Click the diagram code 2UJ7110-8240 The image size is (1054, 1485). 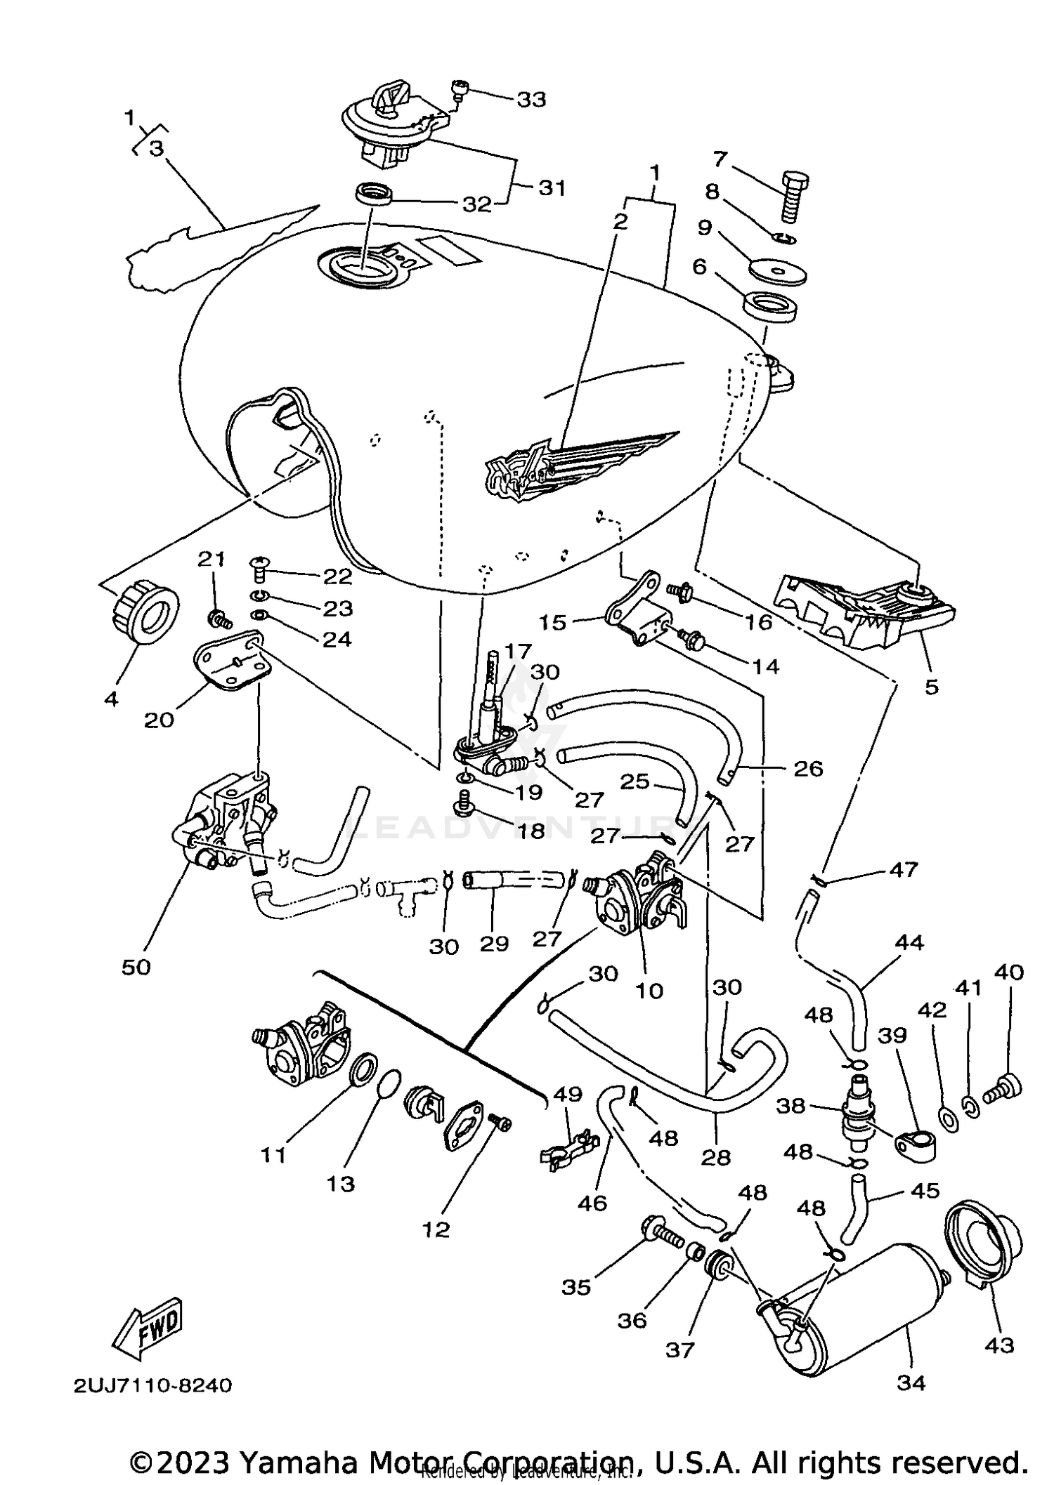click(x=152, y=1385)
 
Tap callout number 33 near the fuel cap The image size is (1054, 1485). click(x=531, y=100)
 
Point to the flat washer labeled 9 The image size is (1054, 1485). click(x=777, y=271)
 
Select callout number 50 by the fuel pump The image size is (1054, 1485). click(x=136, y=967)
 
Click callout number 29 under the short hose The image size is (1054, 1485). click(x=494, y=943)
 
